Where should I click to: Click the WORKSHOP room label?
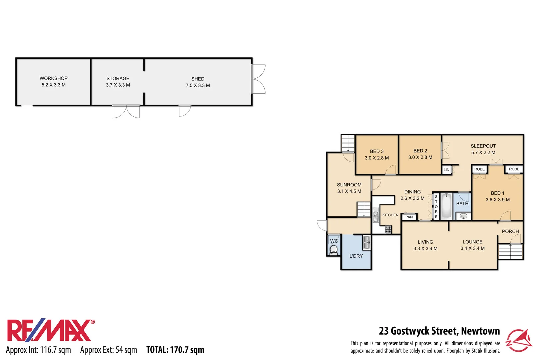(53, 78)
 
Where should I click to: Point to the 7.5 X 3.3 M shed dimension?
(198, 85)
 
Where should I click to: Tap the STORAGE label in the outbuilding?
(118, 78)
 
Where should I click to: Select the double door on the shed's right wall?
(258, 79)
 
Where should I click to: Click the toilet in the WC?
(333, 249)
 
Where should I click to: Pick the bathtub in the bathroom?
(446, 206)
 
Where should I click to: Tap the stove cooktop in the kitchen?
(388, 229)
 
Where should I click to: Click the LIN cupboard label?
(446, 170)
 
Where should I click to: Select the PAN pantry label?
(409, 217)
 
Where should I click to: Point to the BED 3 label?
(377, 151)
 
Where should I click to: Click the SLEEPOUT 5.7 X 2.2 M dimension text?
(483, 153)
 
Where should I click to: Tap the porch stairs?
(510, 252)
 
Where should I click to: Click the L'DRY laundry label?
(356, 256)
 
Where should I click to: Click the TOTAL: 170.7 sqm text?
(175, 350)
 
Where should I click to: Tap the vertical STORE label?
(436, 207)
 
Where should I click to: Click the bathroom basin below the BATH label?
(463, 216)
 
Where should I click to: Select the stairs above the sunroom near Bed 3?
(348, 143)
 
